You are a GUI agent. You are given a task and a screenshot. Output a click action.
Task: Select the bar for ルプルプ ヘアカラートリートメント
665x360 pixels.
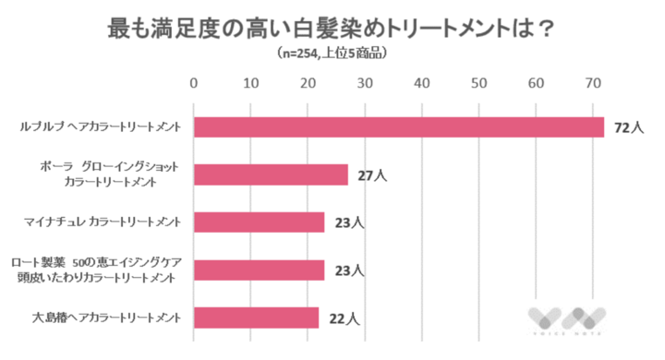point(398,126)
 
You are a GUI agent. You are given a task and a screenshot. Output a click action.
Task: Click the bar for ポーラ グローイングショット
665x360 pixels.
point(271,174)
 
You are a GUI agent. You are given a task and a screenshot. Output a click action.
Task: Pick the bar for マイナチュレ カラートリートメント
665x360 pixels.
point(260,222)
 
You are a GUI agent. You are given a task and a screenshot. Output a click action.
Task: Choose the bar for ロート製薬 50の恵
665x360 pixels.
point(260,270)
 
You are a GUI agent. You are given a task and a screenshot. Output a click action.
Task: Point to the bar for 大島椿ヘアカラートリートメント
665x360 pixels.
point(256,318)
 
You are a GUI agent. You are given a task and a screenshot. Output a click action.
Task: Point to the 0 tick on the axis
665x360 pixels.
point(194,84)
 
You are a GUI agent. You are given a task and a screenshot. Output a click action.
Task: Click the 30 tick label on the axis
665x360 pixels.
point(365,84)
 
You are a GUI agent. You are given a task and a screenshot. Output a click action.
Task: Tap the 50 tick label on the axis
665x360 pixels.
point(478,84)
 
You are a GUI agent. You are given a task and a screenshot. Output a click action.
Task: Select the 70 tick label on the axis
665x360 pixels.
point(593,84)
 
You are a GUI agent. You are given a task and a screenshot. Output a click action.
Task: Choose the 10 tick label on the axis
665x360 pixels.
point(250,84)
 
